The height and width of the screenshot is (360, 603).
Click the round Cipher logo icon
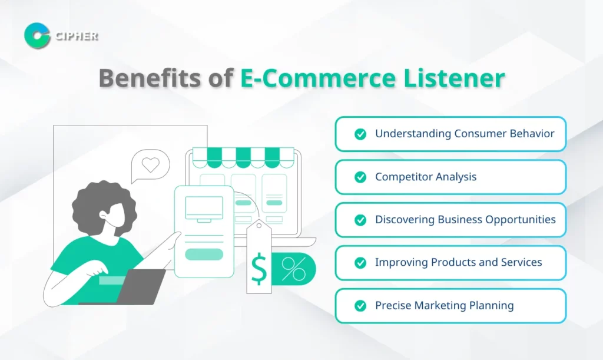point(37,36)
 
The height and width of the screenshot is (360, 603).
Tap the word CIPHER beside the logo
point(77,36)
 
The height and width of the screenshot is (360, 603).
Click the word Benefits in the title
point(150,78)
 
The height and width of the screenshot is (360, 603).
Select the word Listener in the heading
point(454,78)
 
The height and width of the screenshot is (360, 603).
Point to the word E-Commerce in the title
point(318,78)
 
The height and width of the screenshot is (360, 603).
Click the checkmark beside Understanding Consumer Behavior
point(360,134)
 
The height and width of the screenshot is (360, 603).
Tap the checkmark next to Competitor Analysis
point(360,177)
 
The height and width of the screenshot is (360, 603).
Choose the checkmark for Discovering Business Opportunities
point(360,220)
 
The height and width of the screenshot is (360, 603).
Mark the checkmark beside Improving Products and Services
point(360,263)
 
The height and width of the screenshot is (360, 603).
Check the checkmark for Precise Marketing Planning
point(360,306)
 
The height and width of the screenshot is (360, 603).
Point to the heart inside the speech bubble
point(150,164)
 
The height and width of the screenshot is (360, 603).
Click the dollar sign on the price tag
point(259,269)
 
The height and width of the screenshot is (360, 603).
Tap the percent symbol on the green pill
point(293,269)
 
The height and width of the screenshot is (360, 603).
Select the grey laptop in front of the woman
point(140,286)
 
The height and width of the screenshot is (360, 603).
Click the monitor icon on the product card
point(204,209)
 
